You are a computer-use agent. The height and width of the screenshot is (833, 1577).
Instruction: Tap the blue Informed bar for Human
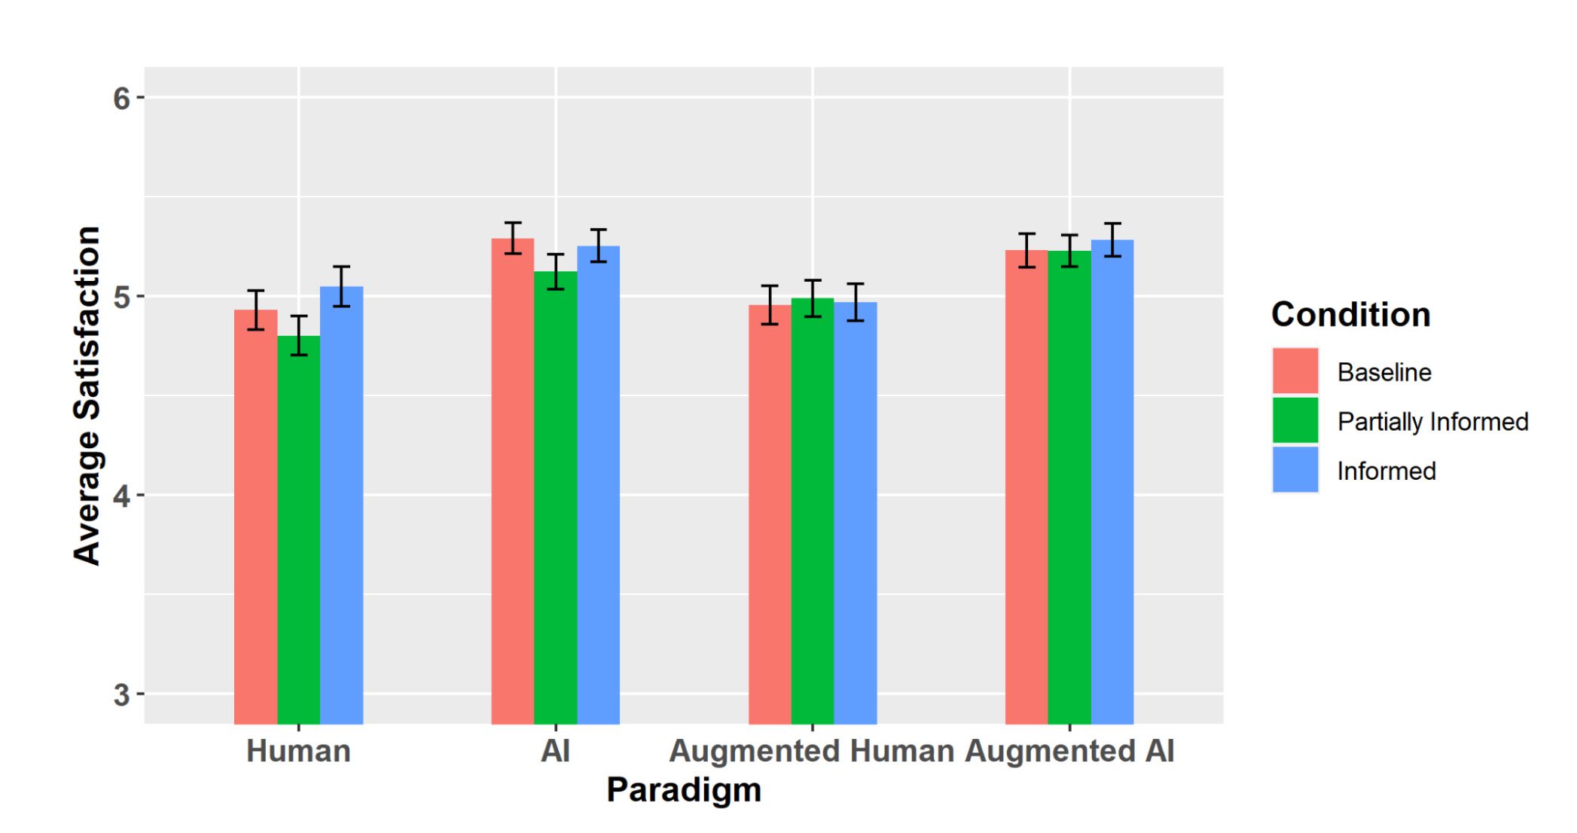(x=341, y=505)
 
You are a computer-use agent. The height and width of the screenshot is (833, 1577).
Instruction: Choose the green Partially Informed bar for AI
(x=556, y=497)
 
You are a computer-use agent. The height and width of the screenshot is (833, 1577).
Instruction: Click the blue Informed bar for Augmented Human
(x=856, y=512)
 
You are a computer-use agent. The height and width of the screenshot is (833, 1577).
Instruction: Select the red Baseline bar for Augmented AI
(x=1026, y=487)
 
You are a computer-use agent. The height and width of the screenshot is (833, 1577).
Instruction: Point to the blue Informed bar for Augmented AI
(x=1112, y=482)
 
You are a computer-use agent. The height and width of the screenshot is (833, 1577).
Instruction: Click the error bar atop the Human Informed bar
(x=341, y=286)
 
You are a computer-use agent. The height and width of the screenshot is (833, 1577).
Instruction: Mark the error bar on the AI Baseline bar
(x=513, y=238)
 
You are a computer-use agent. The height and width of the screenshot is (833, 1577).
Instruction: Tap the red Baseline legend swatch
(x=1295, y=371)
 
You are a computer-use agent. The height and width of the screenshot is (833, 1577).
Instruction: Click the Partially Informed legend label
(x=1432, y=422)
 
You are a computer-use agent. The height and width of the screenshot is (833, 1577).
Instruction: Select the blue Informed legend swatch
(x=1295, y=470)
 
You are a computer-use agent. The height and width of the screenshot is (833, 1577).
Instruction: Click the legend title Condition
(x=1351, y=315)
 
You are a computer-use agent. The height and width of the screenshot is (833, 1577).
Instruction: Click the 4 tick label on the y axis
(x=122, y=496)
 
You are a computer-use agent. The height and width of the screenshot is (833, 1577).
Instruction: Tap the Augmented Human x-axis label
(x=812, y=751)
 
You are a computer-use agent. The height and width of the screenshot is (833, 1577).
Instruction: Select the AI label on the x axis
(x=556, y=751)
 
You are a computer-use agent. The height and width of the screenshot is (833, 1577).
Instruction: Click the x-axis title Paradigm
(x=684, y=789)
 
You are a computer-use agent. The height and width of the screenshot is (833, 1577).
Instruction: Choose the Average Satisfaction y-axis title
(x=87, y=395)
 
